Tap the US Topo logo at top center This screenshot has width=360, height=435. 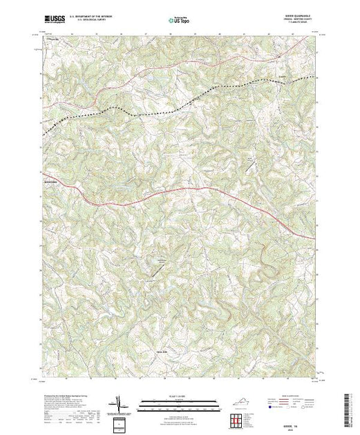180,21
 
